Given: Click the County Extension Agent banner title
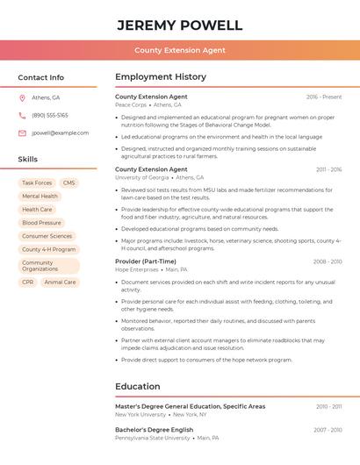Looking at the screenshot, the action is point(179,50).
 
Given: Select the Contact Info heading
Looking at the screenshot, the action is point(41,77).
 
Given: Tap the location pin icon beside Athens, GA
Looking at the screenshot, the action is point(22,97).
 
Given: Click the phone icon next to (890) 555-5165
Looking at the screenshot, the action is point(22,115).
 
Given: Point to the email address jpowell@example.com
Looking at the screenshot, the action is point(61,132).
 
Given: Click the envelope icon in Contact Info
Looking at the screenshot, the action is point(22,132).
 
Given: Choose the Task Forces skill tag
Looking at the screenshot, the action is point(37,182).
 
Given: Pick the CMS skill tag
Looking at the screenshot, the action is point(68,182).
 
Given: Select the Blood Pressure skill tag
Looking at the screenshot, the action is point(41,223).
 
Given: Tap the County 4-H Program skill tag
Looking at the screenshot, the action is point(48,249).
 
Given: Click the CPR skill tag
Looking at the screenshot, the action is point(28,283).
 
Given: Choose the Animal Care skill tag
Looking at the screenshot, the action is point(60,283).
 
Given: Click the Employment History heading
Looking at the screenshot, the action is point(161,77).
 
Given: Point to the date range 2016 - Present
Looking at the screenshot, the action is point(324,97).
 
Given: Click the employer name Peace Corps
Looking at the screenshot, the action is point(131,104).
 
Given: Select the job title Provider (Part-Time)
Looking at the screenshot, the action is point(146,261).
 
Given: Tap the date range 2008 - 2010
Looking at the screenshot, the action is point(328,261).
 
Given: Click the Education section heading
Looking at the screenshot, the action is point(139,386).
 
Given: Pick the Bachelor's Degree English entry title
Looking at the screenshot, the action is point(154,430).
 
